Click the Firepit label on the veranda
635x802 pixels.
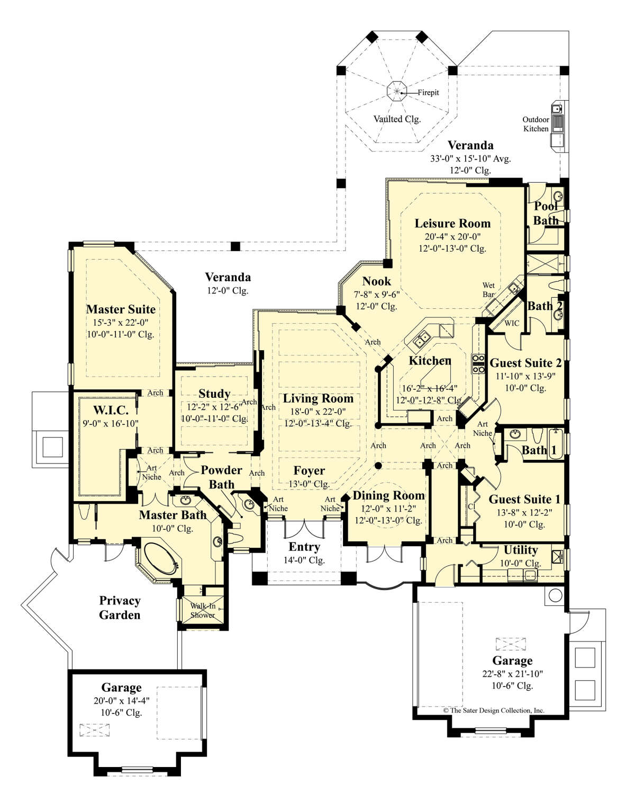click(428, 92)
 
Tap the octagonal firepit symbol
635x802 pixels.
click(396, 91)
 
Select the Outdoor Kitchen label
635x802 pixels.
click(536, 124)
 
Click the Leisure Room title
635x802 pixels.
click(452, 223)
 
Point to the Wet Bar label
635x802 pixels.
click(488, 290)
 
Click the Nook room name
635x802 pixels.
click(377, 281)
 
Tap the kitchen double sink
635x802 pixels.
click(422, 340)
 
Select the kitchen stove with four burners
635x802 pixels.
click(478, 363)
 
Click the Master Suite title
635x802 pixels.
click(121, 309)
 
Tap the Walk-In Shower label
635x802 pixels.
click(203, 610)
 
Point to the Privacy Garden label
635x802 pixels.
click(120, 608)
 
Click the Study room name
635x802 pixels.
click(214, 394)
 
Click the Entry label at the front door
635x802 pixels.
click(304, 547)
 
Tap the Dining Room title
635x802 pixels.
click(388, 495)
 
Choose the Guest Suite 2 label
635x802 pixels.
click(525, 363)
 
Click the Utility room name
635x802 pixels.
click(521, 550)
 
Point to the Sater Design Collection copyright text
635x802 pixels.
click(494, 710)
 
